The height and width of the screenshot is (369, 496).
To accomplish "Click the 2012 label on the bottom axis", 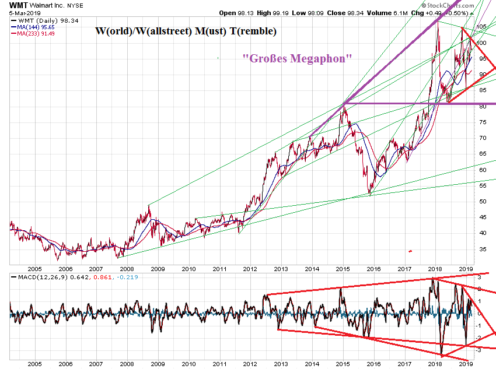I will [x=250, y=268].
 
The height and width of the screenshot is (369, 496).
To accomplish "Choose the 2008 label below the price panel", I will [x=126, y=268].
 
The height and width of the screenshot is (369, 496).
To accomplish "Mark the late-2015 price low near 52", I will [x=369, y=194].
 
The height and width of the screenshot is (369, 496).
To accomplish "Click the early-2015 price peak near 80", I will [x=344, y=105].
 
